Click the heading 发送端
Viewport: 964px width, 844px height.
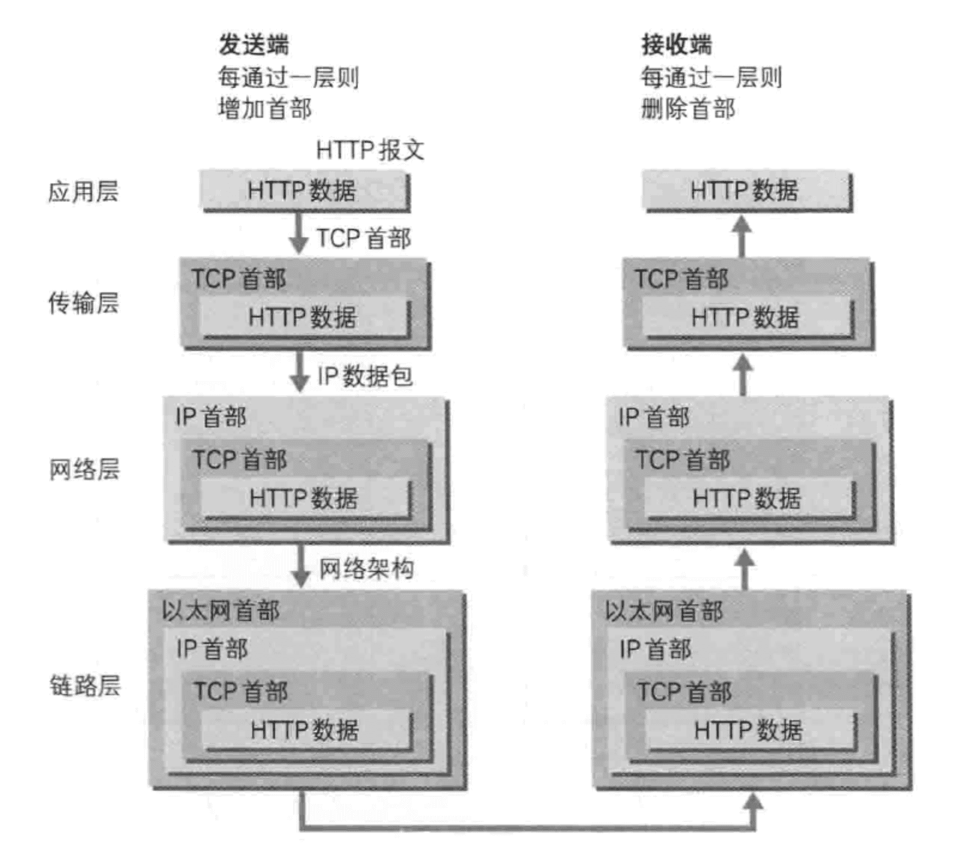click(x=253, y=44)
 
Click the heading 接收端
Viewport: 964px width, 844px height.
click(x=676, y=44)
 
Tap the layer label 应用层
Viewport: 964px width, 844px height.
click(x=83, y=192)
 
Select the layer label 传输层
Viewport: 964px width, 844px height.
click(x=83, y=302)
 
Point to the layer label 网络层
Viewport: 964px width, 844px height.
click(x=84, y=469)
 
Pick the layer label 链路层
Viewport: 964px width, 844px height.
click(x=84, y=685)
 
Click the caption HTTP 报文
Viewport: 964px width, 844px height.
click(x=370, y=150)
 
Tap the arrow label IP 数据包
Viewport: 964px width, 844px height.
click(x=365, y=376)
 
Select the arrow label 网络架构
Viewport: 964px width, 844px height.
click(x=366, y=568)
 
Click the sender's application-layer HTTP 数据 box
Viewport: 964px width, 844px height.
click(x=303, y=191)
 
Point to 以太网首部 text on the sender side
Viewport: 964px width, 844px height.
click(x=221, y=611)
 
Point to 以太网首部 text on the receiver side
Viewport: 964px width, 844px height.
click(x=664, y=611)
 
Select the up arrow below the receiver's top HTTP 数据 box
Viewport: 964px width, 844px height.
click(x=742, y=236)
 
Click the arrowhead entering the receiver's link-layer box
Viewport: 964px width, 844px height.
click(x=752, y=802)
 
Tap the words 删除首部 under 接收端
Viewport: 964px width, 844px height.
click(x=688, y=109)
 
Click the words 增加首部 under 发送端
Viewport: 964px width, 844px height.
click(x=265, y=109)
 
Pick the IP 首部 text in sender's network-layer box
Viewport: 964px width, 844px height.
click(x=211, y=417)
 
